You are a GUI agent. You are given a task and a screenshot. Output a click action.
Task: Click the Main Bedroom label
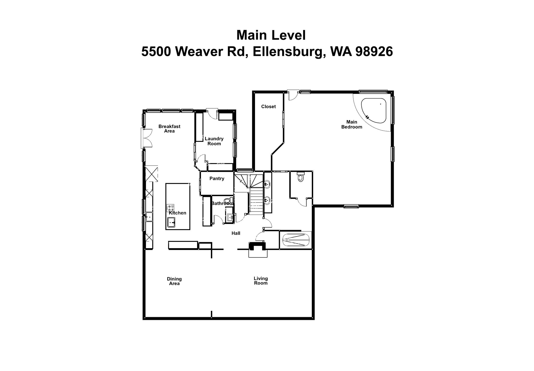tap(351, 124)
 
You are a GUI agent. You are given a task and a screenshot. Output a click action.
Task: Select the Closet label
tap(268, 107)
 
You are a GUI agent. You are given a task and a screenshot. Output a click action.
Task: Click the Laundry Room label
tap(214, 141)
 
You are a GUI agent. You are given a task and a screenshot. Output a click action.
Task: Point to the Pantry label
tap(217, 179)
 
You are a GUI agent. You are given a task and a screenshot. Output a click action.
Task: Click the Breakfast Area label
tap(169, 129)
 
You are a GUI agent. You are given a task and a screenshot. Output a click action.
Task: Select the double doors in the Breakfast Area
tap(147, 138)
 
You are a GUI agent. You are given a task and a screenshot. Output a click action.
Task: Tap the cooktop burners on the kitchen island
tap(171, 208)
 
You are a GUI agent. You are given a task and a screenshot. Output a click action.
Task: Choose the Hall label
tap(236, 233)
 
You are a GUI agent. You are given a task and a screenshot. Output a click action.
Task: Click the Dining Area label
tap(174, 281)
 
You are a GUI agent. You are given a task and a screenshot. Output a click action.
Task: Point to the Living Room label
tap(260, 281)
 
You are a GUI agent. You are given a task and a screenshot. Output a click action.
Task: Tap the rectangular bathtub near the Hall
tap(295, 240)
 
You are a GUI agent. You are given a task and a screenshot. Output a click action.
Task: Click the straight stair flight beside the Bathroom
tap(256, 201)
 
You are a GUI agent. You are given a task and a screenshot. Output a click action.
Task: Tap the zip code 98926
tap(374, 51)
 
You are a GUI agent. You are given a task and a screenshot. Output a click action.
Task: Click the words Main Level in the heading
tap(271, 35)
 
